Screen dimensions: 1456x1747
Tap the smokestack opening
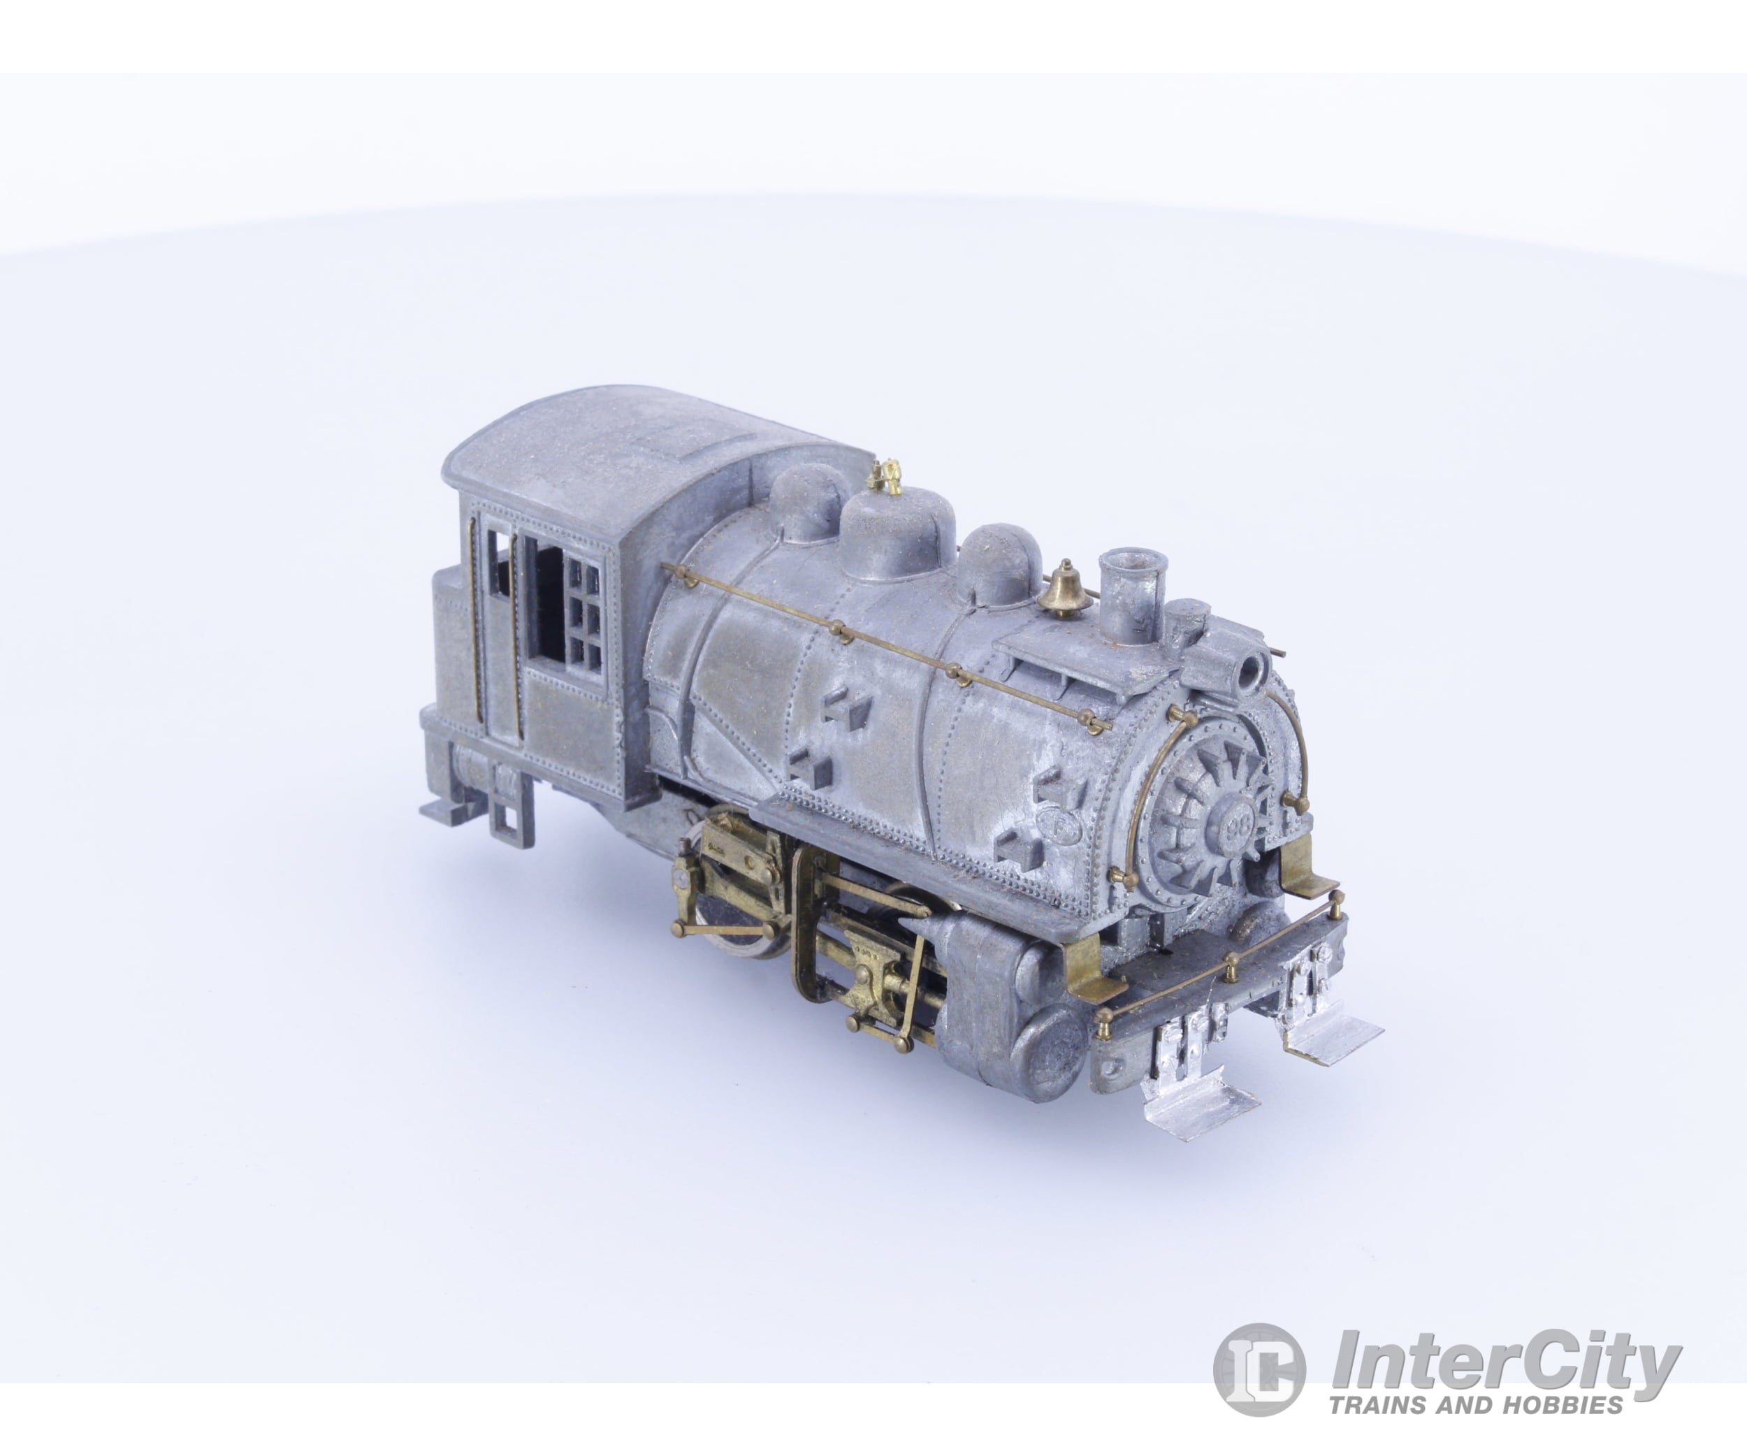pos(1132,560)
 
